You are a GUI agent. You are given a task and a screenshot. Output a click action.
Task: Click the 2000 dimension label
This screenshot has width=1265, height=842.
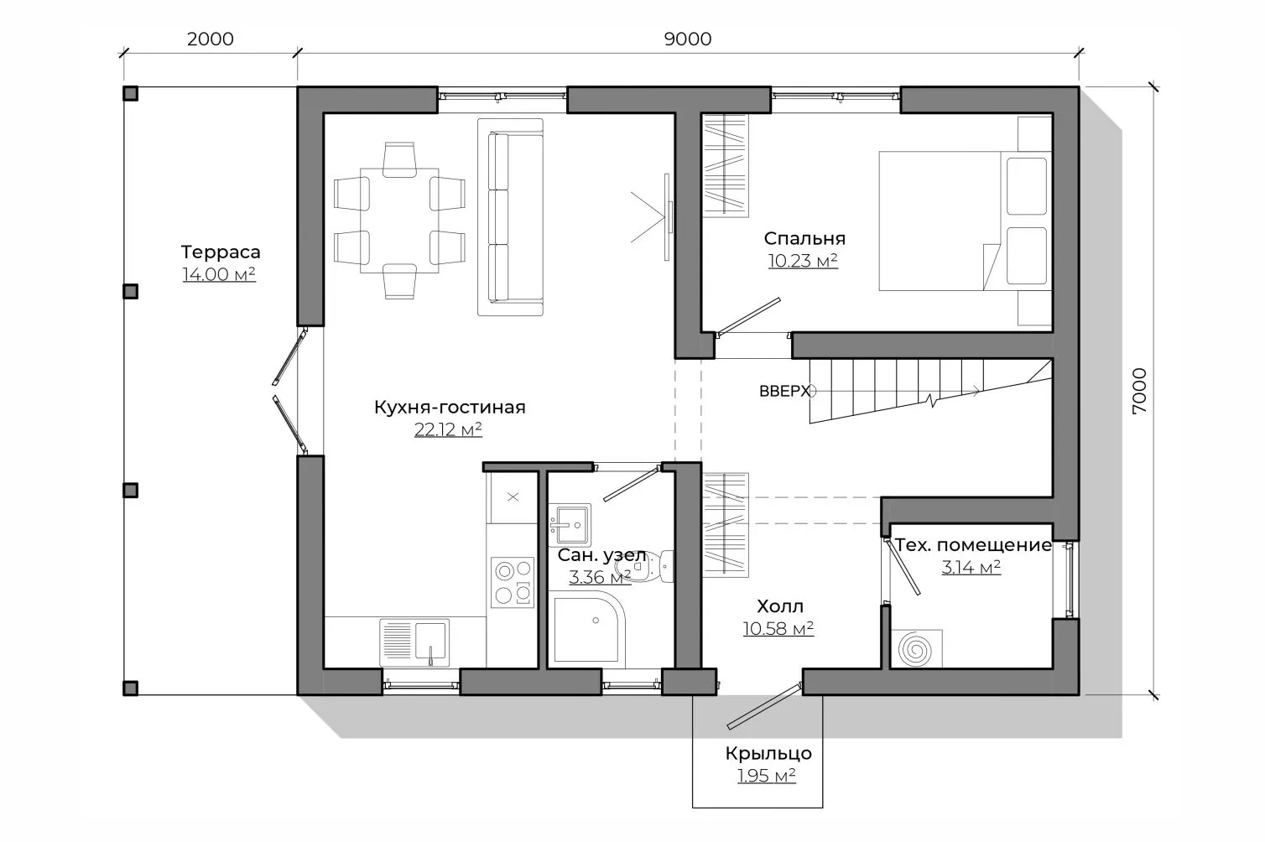[210, 39]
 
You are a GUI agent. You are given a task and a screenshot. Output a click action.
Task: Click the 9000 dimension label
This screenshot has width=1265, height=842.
[687, 39]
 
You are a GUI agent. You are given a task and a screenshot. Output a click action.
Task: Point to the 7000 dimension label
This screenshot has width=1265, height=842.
[1140, 391]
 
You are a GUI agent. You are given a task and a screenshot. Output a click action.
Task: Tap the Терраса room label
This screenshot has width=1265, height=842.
[221, 252]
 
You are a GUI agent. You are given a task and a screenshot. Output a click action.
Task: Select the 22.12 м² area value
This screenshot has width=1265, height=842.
[448, 429]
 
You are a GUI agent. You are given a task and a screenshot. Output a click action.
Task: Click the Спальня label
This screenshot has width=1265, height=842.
[804, 238]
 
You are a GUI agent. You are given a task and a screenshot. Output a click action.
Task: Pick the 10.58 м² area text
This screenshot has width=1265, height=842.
[778, 628]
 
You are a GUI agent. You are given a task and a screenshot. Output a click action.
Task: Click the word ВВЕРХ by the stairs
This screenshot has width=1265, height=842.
[784, 392]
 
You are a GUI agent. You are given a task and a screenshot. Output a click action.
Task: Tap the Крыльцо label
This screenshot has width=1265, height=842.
[768, 753]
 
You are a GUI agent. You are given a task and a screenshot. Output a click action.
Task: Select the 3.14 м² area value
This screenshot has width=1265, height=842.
[971, 567]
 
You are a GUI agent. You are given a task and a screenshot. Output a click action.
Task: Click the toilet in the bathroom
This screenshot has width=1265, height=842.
[644, 566]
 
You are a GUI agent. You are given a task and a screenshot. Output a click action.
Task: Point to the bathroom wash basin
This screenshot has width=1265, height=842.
[570, 525]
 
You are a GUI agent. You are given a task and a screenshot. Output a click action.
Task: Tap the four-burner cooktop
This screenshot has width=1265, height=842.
[513, 582]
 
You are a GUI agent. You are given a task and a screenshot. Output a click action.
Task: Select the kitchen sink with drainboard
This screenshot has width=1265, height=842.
[414, 642]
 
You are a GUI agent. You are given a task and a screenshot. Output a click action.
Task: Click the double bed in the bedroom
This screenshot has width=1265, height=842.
[966, 221]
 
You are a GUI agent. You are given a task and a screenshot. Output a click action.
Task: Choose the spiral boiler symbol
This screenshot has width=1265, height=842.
[916, 649]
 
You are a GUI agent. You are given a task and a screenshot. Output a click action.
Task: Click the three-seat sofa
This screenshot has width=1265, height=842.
[511, 217]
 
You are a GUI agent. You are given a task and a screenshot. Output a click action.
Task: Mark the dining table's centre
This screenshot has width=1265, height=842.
[399, 221]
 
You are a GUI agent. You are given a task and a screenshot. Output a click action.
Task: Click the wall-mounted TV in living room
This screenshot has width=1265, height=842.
[668, 217]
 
